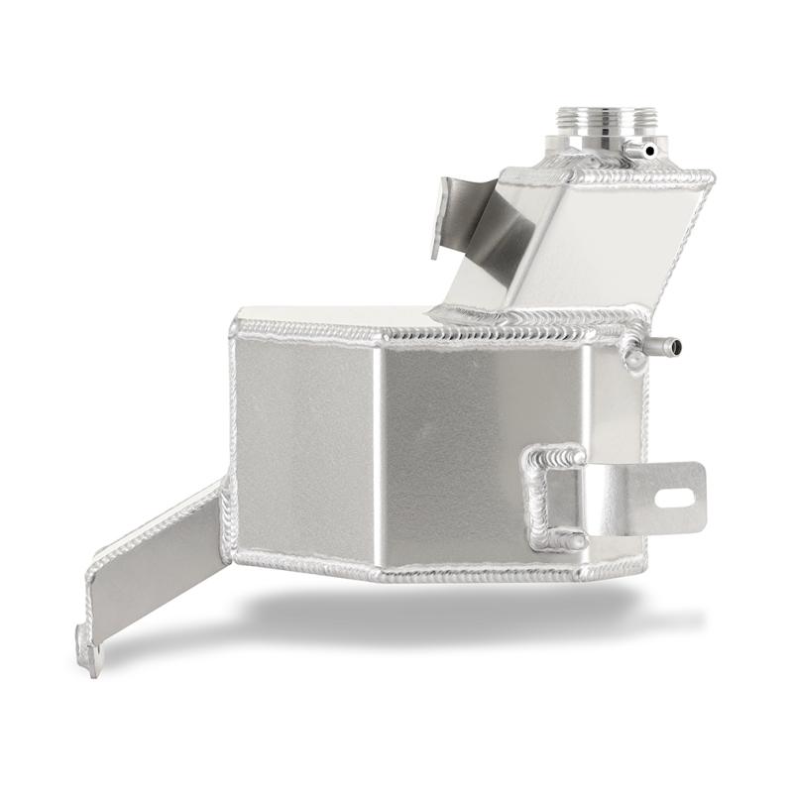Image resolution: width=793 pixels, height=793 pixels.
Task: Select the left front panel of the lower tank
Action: (x=302, y=446)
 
